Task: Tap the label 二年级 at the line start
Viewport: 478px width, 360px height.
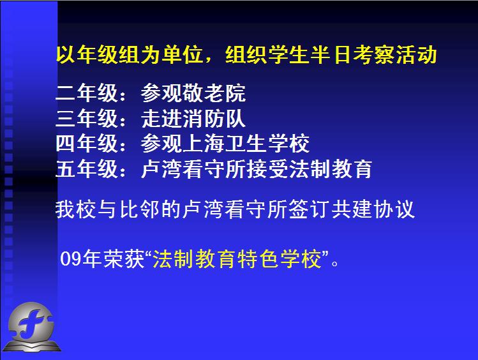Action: (87, 93)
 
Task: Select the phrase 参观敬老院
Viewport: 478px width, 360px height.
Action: (193, 93)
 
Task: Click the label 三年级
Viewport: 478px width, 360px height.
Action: (87, 118)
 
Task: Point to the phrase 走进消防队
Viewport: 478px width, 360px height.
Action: (193, 118)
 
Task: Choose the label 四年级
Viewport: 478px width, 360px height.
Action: (87, 143)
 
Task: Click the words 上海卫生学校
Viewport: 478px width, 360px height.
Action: (246, 143)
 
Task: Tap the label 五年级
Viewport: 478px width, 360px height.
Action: (87, 169)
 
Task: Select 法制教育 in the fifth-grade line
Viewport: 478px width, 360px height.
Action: (331, 169)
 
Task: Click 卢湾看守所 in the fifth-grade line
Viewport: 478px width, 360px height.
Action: (193, 169)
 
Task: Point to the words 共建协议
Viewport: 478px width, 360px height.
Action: (373, 209)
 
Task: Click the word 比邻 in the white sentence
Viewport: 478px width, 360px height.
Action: (140, 209)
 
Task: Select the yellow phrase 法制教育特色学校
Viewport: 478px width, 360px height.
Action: (237, 259)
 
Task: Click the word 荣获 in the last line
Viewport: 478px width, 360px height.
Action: (123, 259)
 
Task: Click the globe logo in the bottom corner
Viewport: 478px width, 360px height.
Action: (31, 327)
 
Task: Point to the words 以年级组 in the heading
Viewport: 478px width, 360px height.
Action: (98, 55)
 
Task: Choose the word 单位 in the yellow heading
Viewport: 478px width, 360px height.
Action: (182, 55)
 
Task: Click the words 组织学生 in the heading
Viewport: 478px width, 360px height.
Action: (267, 55)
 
